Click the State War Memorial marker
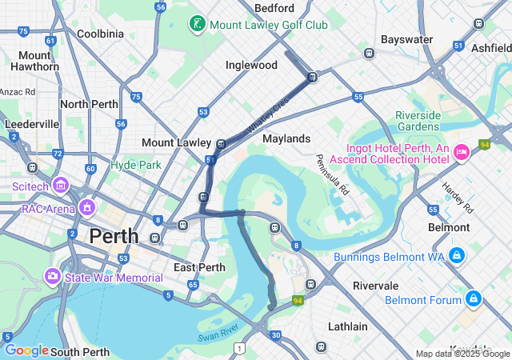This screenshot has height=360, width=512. click(x=53, y=277)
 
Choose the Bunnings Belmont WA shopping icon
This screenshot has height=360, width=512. click(x=456, y=255)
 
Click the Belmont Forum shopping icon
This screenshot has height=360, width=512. click(x=474, y=299)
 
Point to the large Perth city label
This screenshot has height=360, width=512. click(x=114, y=237)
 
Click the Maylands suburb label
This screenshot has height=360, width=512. click(x=286, y=138)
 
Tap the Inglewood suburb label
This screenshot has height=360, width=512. click(x=251, y=65)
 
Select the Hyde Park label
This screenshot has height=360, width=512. click(x=136, y=165)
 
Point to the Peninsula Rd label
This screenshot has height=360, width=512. click(x=333, y=175)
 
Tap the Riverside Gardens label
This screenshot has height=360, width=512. click(x=418, y=121)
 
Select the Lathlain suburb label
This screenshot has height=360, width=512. click(x=348, y=326)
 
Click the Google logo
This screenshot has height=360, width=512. click(x=26, y=350)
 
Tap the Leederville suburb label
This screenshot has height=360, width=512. click(x=32, y=124)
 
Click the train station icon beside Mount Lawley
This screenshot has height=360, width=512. click(x=221, y=144)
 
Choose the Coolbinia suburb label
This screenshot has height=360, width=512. click(x=100, y=34)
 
